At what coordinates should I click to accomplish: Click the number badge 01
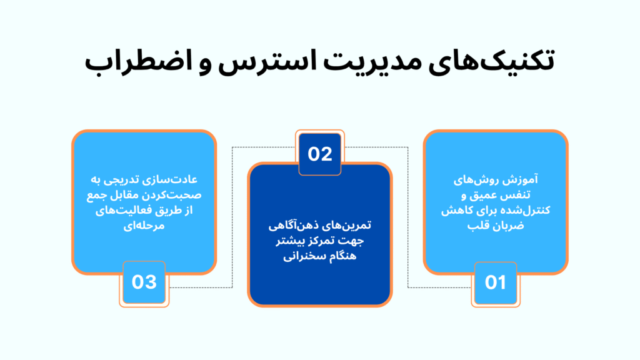coord(495,282)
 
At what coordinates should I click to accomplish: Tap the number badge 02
coord(320,154)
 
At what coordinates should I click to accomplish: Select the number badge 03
coord(144,282)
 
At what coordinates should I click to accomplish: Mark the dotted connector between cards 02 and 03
coord(232,219)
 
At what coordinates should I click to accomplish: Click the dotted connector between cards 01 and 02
coord(408,219)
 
